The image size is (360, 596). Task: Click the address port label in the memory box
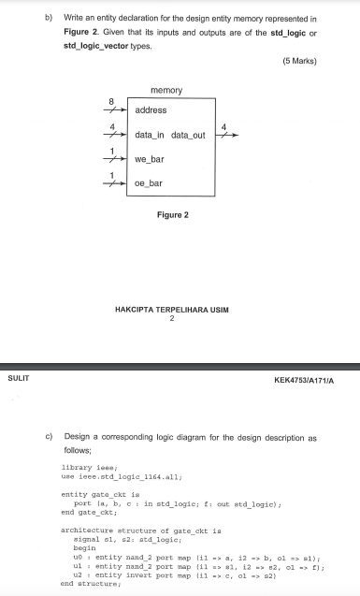pyautogui.click(x=151, y=110)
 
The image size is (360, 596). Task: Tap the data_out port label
pyautogui.click(x=187, y=136)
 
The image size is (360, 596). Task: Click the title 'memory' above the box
pyautogui.click(x=166, y=90)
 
